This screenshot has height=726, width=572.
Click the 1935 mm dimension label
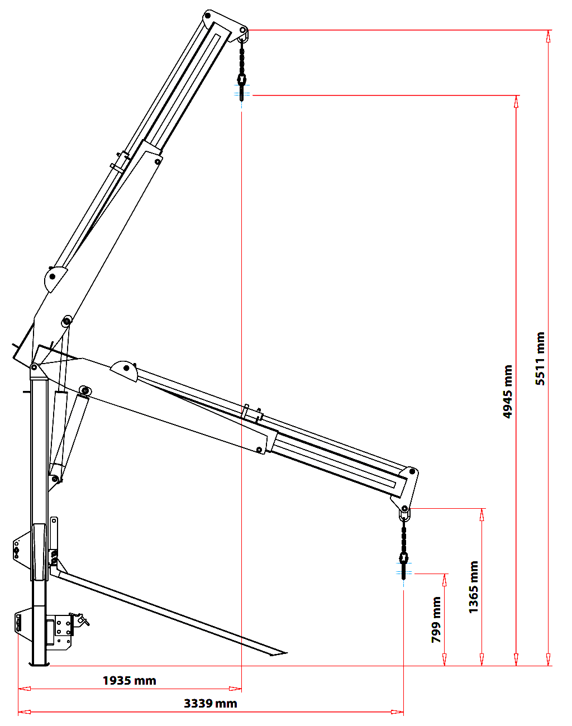(x=129, y=680)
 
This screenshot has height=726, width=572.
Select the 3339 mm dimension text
(x=210, y=704)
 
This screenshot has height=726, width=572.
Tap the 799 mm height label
(x=436, y=620)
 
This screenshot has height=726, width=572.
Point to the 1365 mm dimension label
(x=474, y=587)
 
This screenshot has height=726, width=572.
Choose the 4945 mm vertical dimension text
(x=508, y=391)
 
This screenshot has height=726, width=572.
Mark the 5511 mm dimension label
(x=540, y=359)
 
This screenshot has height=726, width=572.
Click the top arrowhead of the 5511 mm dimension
(x=549, y=36)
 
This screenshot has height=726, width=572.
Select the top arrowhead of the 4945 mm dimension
(x=516, y=102)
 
